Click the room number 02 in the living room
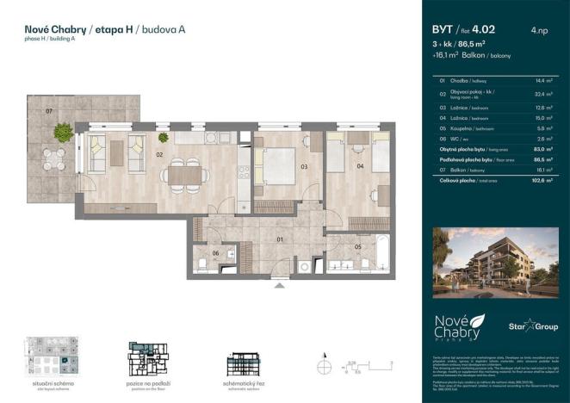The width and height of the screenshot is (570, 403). [159, 155]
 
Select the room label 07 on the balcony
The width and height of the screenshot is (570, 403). [49, 112]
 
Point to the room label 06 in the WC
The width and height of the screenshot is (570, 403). [216, 252]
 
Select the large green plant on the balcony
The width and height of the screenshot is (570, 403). [63, 132]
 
